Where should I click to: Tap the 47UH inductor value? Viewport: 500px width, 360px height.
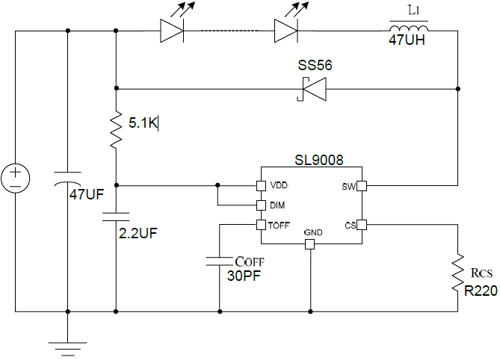407,41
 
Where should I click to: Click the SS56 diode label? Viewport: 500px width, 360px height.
315,66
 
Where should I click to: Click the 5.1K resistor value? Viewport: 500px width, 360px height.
141,122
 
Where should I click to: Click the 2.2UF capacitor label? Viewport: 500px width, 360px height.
138,232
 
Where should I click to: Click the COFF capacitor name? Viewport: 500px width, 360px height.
249,261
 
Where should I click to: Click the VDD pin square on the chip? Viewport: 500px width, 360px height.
261,185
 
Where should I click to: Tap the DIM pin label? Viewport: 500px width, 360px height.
277,205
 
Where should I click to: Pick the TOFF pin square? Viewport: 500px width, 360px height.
261,225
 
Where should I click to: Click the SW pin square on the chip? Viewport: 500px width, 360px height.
360,185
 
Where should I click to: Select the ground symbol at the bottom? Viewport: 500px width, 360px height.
68,344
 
